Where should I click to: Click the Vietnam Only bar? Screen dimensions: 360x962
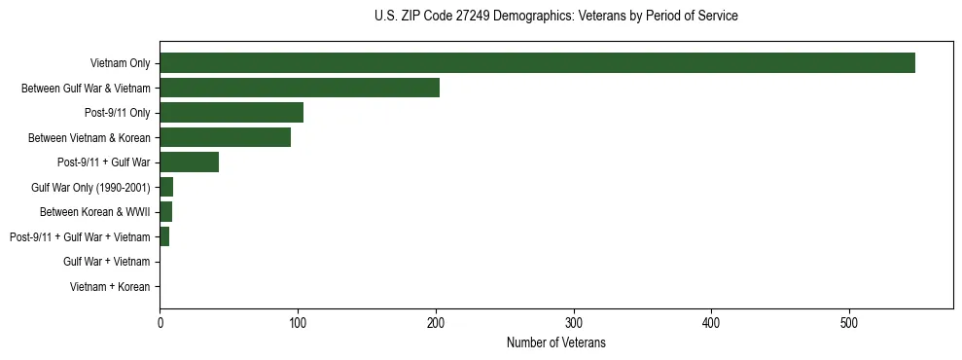(x=537, y=63)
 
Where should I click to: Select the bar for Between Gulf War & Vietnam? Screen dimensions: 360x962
(x=300, y=88)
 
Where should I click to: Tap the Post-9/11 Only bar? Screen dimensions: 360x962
(x=232, y=113)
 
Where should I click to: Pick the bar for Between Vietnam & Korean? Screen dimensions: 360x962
(x=225, y=137)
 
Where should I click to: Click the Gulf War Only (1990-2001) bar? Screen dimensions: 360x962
(x=166, y=187)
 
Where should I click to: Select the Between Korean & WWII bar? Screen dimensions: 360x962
(x=165, y=212)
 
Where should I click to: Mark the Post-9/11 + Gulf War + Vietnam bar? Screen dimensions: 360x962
(x=164, y=236)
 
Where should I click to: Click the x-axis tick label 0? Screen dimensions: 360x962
(x=160, y=323)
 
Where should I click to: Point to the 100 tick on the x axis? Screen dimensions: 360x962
(x=298, y=323)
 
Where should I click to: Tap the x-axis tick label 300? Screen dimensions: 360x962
(x=574, y=323)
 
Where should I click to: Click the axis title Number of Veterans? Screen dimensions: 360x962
(x=555, y=342)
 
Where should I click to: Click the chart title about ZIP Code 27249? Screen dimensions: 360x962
(x=555, y=17)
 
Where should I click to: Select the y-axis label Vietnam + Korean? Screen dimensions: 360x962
(x=110, y=287)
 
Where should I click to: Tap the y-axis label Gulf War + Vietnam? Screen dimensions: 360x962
(x=106, y=262)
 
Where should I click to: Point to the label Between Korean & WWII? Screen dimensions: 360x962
(x=94, y=212)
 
